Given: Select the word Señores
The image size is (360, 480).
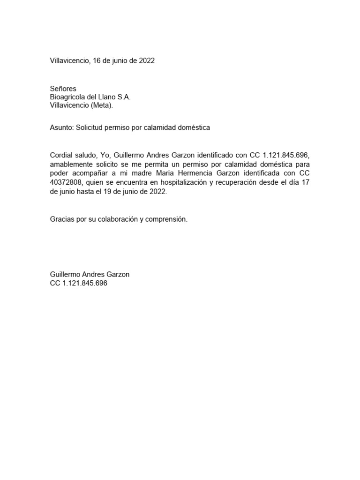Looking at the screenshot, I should (x=63, y=89).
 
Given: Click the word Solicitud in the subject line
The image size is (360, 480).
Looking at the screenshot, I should (x=90, y=127).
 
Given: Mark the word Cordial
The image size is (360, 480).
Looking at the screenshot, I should (x=62, y=156).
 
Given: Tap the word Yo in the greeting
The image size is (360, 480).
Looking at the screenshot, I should (x=105, y=156).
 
